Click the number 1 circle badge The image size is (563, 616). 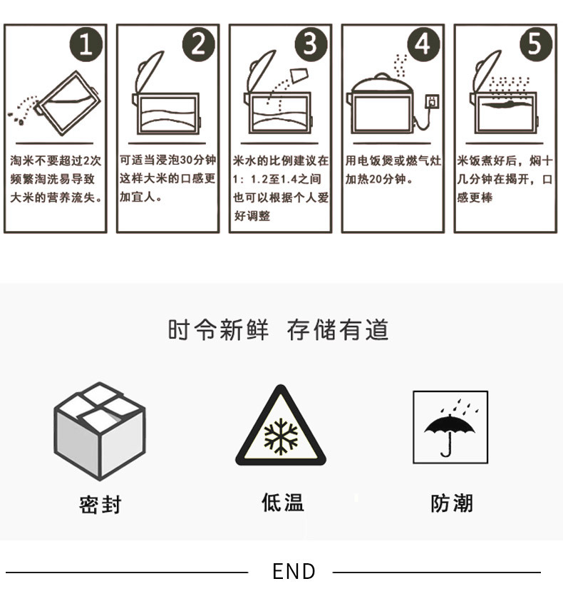click(86, 44)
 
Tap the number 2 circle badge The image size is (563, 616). click(198, 44)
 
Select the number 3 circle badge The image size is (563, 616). click(311, 44)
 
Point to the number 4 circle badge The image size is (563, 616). click(423, 44)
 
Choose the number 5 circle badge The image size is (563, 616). click(535, 44)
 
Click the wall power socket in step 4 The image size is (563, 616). click(431, 101)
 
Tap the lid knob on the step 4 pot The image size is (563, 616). click(383, 75)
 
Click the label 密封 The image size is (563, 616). click(100, 505)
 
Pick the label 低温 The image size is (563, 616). click(282, 503)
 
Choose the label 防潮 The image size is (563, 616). click(452, 503)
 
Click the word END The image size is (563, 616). click(294, 571)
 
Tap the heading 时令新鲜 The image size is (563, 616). click(218, 330)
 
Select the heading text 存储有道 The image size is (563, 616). click(338, 330)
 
